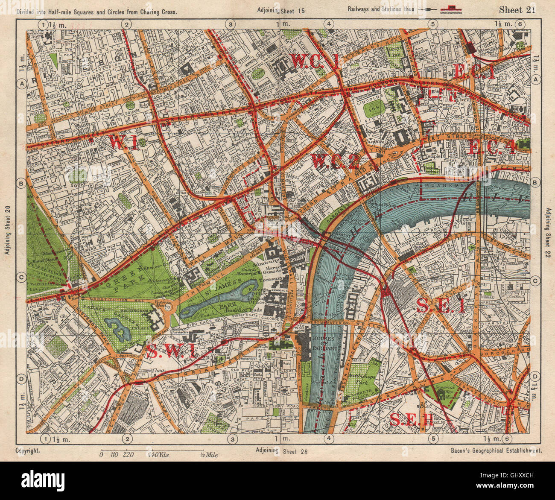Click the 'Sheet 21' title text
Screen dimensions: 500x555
coord(517,10)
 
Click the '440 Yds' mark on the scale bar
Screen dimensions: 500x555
coord(159,456)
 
